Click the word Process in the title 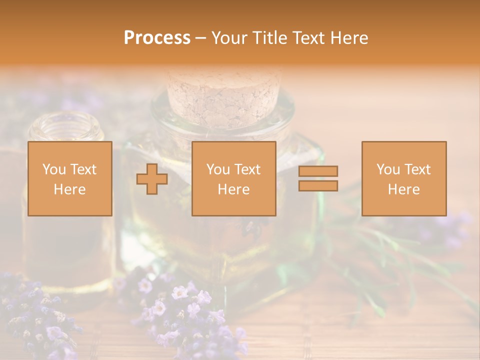[x=157, y=38]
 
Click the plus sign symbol [x=152, y=179]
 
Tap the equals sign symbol [x=318, y=178]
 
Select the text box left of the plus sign [x=70, y=179]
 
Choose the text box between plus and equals [x=234, y=179]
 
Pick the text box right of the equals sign [x=404, y=179]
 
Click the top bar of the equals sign [x=318, y=171]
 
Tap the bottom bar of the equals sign [x=318, y=185]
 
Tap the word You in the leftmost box [x=53, y=169]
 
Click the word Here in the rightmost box [x=403, y=189]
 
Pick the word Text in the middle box [x=247, y=169]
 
